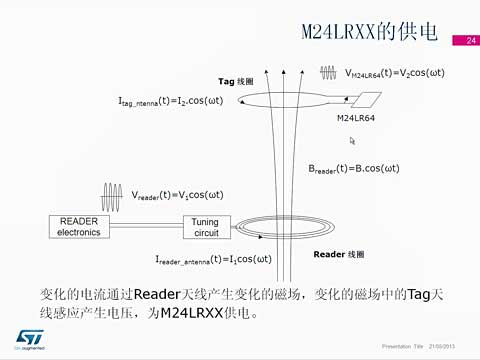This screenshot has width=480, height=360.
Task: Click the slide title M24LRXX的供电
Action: click(x=370, y=32)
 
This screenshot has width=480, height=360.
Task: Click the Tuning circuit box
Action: click(x=205, y=227)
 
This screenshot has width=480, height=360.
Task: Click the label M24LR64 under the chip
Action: click(x=356, y=119)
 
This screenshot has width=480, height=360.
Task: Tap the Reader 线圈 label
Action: click(x=339, y=254)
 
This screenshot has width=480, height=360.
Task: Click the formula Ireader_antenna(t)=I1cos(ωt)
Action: click(x=213, y=259)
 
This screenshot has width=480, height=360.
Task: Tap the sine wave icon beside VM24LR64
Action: click(x=329, y=73)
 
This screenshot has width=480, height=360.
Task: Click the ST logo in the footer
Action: click(x=26, y=338)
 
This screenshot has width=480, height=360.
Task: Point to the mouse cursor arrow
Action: click(x=351, y=141)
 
